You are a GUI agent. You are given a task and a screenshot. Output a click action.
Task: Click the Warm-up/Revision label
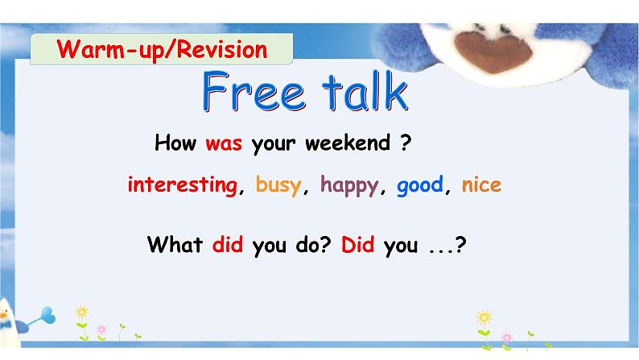coord(162,50)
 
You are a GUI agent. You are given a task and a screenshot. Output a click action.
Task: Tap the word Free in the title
coord(254,93)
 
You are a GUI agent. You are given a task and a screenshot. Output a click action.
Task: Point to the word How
coord(175,144)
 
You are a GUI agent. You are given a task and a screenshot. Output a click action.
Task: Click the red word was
coord(224,145)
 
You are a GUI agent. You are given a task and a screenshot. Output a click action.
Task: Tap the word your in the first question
coord(274,146)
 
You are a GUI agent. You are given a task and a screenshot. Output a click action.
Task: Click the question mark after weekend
coord(406,144)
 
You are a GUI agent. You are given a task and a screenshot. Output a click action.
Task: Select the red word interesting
coord(181,184)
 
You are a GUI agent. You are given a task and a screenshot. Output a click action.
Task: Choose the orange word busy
coord(278,185)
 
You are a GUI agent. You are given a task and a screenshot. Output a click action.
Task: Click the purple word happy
coord(348,185)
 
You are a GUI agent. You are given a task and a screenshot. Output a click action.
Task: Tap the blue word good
coord(419,184)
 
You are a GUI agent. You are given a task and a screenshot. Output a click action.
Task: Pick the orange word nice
coord(481,184)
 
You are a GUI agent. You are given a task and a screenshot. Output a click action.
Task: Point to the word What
coord(175,245)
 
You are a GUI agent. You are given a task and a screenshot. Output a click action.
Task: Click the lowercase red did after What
coord(228,245)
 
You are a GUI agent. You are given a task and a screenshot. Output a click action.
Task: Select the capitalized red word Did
coord(358,245)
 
